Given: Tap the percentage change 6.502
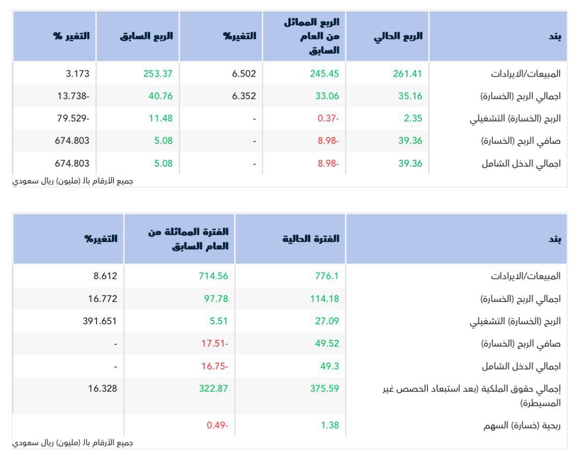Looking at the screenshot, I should (244, 74).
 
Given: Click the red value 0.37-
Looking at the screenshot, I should (328, 118).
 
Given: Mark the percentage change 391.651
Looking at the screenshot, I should (99, 321).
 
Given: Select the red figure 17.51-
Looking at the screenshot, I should (215, 344).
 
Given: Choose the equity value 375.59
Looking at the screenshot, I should (324, 388).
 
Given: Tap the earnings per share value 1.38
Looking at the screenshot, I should (330, 425).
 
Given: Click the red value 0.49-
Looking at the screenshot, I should (217, 425).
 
